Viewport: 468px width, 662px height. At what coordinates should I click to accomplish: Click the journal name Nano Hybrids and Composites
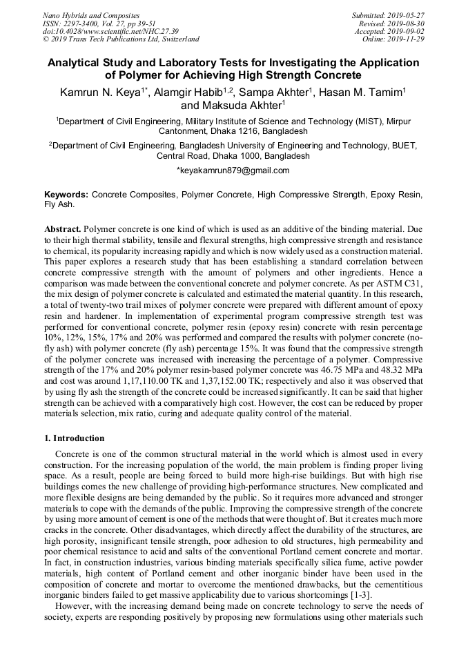tap(90, 15)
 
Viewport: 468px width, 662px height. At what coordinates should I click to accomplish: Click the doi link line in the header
tap(110, 32)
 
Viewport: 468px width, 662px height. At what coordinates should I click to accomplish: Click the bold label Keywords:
tap(66, 195)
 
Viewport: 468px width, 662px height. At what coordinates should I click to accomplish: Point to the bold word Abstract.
tap(63, 228)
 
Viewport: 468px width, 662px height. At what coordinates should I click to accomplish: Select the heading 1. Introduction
tap(75, 438)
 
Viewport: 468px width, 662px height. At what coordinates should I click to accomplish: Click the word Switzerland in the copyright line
tap(177, 39)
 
